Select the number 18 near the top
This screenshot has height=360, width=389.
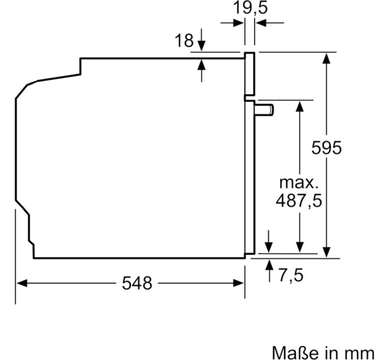pyautogui.click(x=185, y=41)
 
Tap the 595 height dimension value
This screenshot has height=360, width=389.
pyautogui.click(x=326, y=147)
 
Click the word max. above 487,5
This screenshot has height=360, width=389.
pyautogui.click(x=298, y=183)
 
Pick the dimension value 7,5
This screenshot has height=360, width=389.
pyautogui.click(x=291, y=275)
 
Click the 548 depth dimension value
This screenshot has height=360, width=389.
pyautogui.click(x=137, y=283)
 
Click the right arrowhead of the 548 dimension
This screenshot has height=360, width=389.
pyautogui.click(x=240, y=283)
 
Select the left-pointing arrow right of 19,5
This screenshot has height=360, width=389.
pyautogui.click(x=261, y=22)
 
